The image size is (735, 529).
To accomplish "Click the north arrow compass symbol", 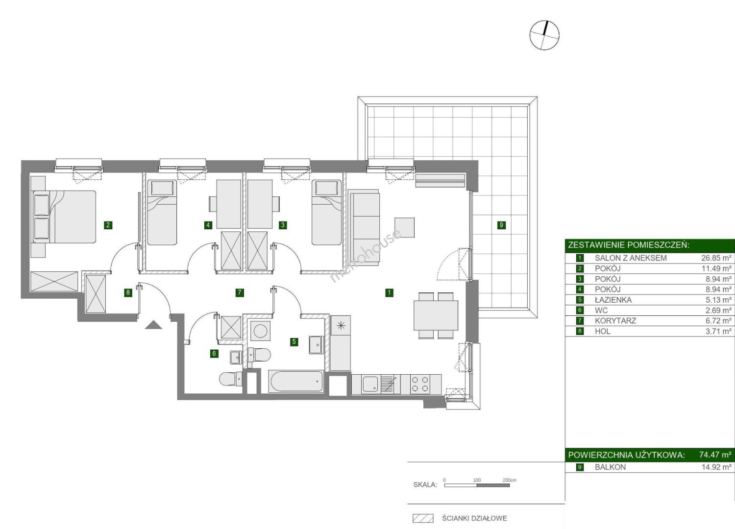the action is (x=544, y=35).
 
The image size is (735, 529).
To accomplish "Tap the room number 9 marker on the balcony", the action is (x=501, y=225).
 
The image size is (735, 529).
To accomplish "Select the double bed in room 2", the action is (x=65, y=217).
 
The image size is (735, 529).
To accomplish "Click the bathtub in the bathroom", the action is (x=296, y=382).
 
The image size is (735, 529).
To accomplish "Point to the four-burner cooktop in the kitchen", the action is (x=420, y=385).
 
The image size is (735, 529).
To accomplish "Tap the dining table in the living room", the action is (x=436, y=315).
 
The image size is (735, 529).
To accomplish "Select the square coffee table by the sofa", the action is (x=404, y=227).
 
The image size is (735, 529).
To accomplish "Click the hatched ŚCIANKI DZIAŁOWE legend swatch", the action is (x=423, y=518).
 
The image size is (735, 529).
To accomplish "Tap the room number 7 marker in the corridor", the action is (x=240, y=292).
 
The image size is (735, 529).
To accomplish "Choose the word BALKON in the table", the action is (x=611, y=467).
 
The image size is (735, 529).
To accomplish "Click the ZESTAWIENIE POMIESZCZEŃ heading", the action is (x=628, y=245).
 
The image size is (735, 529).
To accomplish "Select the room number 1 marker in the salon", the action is (x=389, y=292).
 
